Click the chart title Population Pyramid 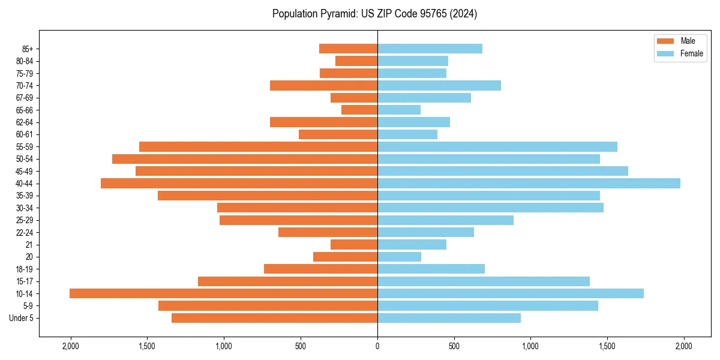(x=374, y=14)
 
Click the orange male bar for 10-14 (x=223, y=293)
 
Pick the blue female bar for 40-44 (x=529, y=183)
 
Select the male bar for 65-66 (x=359, y=110)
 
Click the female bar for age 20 (x=399, y=257)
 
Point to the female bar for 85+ (x=430, y=49)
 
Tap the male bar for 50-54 (x=245, y=159)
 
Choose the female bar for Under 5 (x=449, y=318)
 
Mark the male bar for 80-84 (x=356, y=61)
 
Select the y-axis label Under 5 (x=22, y=318)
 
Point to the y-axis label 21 (x=29, y=245)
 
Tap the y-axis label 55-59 (x=24, y=146)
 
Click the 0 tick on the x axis (x=377, y=346)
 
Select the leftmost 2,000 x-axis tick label (x=71, y=346)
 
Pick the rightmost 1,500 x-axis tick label (x=607, y=346)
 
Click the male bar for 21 (x=354, y=245)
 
